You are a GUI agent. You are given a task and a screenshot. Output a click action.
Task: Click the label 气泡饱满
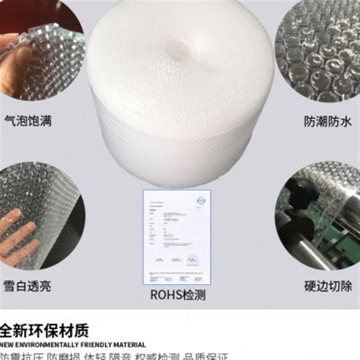[27, 121]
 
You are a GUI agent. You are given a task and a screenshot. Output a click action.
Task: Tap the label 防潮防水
[327, 121]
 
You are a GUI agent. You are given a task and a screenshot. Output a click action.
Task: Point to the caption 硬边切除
[327, 286]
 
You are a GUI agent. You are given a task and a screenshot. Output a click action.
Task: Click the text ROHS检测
[178, 295]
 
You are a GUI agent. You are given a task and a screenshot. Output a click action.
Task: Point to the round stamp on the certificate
[193, 259]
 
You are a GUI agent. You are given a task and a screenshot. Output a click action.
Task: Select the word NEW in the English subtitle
[8, 345]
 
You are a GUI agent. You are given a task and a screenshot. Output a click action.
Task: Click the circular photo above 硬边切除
[319, 216]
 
